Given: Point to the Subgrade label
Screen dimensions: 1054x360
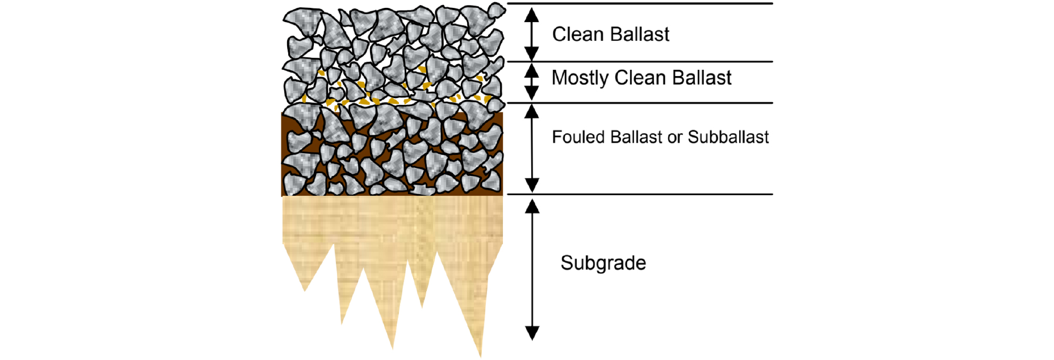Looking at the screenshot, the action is point(603,263).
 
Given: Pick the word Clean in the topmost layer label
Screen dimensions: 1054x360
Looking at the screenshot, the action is point(578,35).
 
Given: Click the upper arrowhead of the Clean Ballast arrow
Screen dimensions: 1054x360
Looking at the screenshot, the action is point(532,15).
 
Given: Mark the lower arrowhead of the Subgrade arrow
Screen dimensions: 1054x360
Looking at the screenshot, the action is point(532,333).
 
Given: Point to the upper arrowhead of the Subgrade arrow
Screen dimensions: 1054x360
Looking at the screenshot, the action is point(532,207).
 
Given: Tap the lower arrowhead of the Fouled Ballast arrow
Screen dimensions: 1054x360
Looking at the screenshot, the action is point(532,185).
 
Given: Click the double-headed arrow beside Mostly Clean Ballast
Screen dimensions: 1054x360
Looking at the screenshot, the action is point(532,82).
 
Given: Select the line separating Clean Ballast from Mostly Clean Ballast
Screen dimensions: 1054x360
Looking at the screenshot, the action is point(640,61).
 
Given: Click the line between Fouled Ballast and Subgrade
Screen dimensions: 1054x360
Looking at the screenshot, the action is point(640,194).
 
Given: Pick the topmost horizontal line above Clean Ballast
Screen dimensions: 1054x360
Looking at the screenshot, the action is point(640,3).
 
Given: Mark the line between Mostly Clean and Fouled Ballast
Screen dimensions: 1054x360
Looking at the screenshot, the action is point(640,103).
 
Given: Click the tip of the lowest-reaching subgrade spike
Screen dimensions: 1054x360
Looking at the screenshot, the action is point(480,357).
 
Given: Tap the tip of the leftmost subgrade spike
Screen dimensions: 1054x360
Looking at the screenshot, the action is point(304,291).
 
